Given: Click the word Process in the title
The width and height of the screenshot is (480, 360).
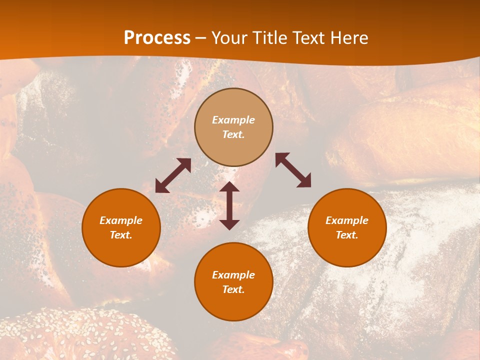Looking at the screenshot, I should click(x=157, y=38).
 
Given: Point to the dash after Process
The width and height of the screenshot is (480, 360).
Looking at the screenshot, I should click(x=200, y=38).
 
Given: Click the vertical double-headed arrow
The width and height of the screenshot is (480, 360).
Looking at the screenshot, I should click(x=229, y=205).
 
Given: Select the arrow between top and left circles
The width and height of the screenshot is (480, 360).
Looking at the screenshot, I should click(x=173, y=175).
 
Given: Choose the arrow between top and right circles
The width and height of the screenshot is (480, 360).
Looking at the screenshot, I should click(x=293, y=170).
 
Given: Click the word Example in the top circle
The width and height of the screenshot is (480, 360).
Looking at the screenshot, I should click(x=233, y=120).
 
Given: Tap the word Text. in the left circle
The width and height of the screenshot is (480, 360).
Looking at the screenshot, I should click(x=121, y=235).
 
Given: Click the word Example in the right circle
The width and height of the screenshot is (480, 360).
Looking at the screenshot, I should click(x=347, y=220).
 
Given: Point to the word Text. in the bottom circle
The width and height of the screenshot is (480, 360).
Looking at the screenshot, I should click(x=233, y=289).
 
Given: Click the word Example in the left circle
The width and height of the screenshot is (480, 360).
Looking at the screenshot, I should click(x=121, y=220).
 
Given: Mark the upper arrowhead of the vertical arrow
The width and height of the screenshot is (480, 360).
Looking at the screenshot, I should click(x=229, y=186).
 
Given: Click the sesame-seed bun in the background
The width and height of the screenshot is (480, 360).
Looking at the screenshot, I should click(x=90, y=335).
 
